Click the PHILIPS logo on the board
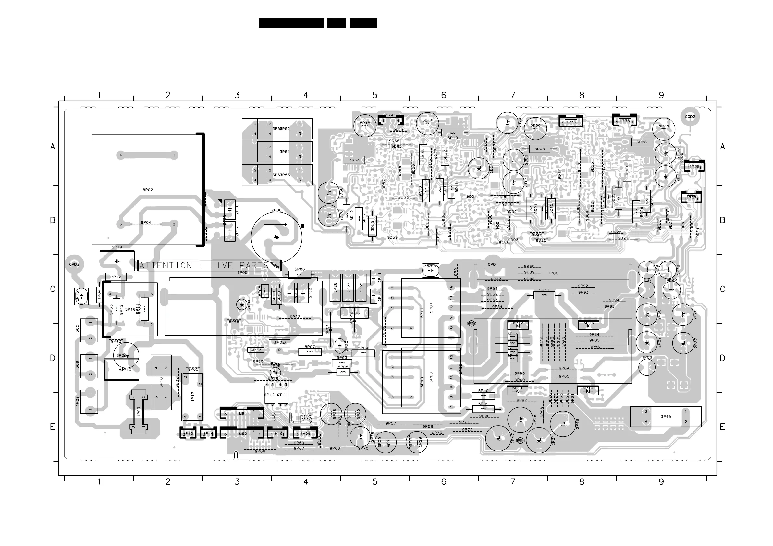coord(291,418)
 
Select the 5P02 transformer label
coord(148,190)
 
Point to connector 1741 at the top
coord(390,120)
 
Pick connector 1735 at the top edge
coord(624,121)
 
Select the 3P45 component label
coord(666,417)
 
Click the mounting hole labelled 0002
coord(690,117)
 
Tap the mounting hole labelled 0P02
coord(74,265)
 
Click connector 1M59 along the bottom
coord(305,434)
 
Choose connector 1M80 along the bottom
coord(242,433)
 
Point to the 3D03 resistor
coord(539,149)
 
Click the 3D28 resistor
coord(641,142)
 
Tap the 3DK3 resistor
coord(354,160)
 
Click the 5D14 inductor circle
coord(428,123)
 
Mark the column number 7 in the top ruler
coord(513,95)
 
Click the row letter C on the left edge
coord(53,289)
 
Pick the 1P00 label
coord(553,273)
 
